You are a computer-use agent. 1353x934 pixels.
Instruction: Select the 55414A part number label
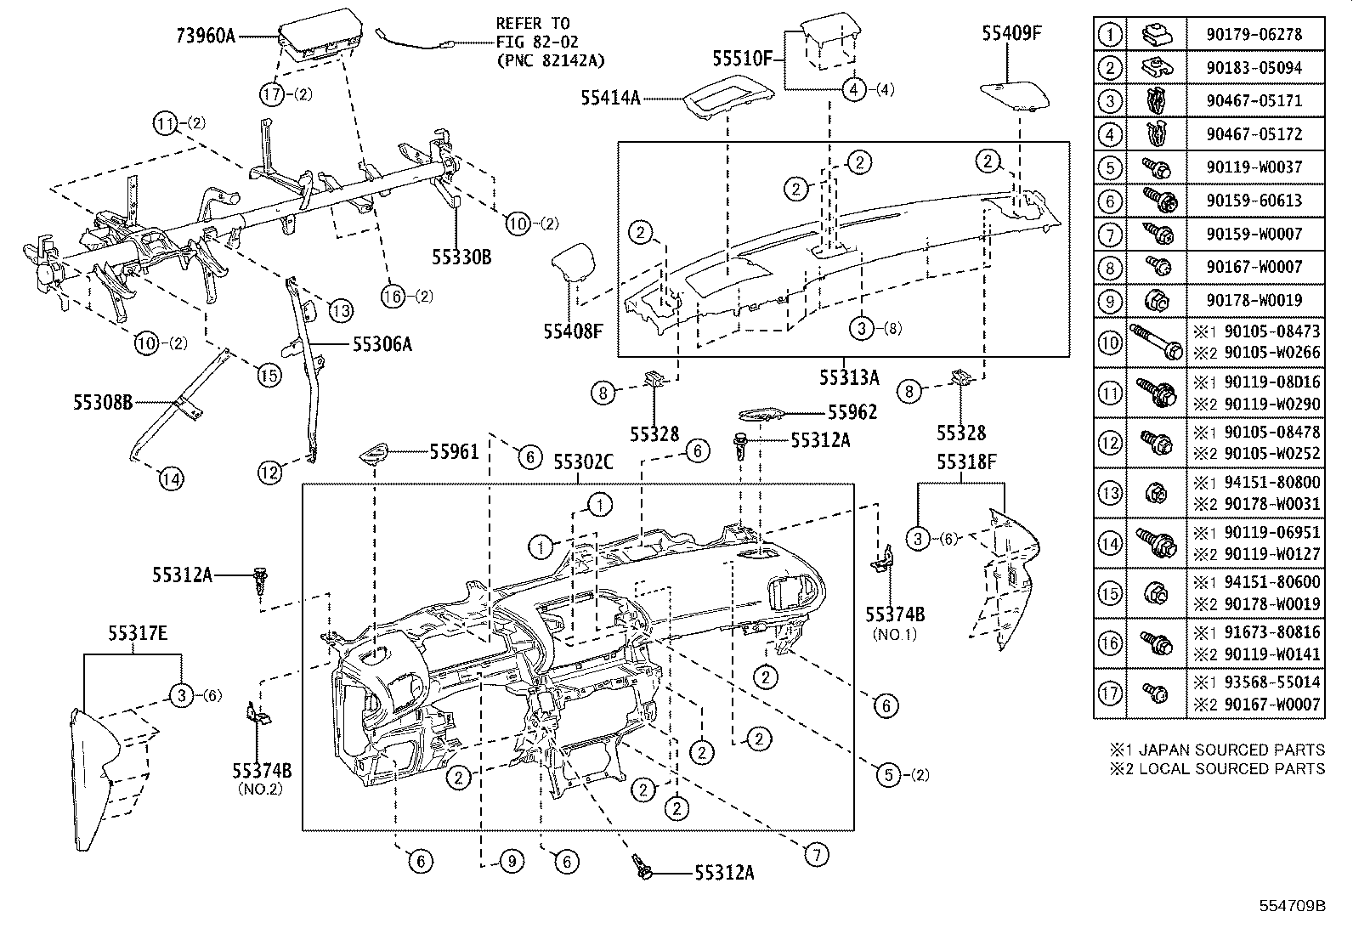click(x=610, y=98)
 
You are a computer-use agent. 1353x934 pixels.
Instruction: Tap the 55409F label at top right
click(x=1011, y=33)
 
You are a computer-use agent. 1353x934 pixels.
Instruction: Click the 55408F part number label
click(x=573, y=331)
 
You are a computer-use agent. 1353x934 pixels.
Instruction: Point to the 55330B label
click(x=461, y=257)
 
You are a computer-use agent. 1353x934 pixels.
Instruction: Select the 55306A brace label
click(x=382, y=343)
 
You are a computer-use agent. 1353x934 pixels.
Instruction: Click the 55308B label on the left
click(x=102, y=402)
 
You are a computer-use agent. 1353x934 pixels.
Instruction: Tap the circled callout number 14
click(x=170, y=479)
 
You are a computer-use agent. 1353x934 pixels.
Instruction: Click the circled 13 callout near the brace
click(x=340, y=311)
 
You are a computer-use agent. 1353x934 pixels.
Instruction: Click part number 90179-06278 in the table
click(x=1253, y=34)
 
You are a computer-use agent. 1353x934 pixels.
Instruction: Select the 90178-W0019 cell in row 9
click(x=1253, y=300)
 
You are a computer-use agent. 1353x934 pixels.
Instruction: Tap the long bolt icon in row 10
click(x=1155, y=342)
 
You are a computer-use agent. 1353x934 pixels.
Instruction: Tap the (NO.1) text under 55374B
click(x=894, y=634)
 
